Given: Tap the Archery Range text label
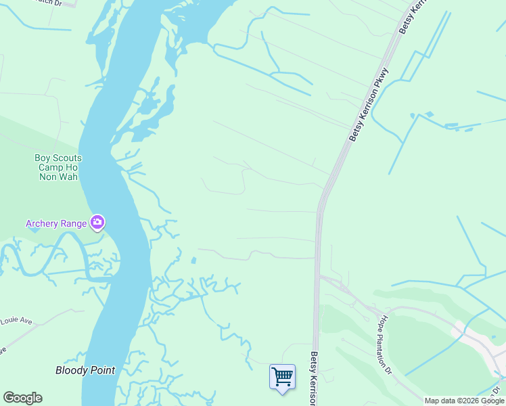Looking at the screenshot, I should (56, 223).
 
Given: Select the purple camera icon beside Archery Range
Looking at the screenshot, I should (97, 222).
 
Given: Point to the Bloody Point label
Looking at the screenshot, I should (85, 370).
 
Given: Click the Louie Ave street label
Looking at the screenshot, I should (16, 320).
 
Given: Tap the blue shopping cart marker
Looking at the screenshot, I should (282, 376).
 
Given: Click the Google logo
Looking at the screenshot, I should (22, 398).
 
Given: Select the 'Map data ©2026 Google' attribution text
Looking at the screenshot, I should (465, 401).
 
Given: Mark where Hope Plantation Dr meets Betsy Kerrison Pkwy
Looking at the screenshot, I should (319, 275).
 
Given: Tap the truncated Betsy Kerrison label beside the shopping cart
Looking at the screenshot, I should (314, 378).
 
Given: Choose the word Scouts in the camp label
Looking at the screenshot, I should (68, 158).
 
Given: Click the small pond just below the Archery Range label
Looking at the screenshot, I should (34, 230).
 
